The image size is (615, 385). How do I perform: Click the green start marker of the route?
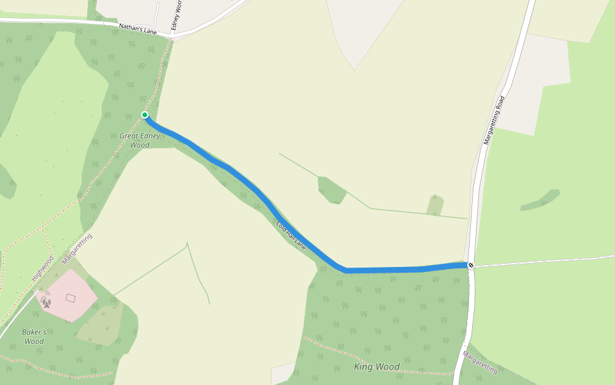click(145, 115)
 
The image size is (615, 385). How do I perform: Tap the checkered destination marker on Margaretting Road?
click(471, 265)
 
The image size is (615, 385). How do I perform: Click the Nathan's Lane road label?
click(138, 29)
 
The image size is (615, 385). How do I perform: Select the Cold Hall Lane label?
click(291, 235)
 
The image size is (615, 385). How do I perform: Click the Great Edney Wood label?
click(140, 141)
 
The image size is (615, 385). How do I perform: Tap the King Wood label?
click(377, 367)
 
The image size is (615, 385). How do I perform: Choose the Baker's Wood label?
click(35, 336)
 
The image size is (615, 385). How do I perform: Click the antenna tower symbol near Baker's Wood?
click(47, 302)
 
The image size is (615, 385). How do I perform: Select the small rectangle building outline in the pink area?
click(70, 298)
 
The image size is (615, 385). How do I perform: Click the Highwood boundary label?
click(42, 268)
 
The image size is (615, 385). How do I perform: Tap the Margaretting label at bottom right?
click(480, 362)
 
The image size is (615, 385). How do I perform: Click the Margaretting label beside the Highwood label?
click(78, 248)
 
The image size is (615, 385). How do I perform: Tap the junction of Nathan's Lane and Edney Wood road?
click(171, 37)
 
